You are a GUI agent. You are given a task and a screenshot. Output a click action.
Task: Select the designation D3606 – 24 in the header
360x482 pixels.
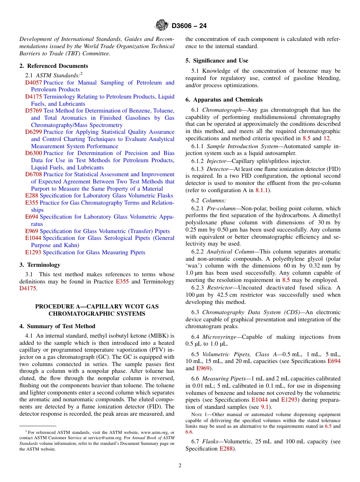click(189, 26)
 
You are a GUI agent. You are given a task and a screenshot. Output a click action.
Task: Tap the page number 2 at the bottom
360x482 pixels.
click(180, 466)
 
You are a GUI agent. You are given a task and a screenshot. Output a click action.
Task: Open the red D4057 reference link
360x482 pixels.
click(33, 83)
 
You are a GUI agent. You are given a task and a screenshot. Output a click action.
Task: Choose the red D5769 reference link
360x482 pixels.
click(33, 111)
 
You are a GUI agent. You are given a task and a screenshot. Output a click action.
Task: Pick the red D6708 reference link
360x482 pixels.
click(33, 175)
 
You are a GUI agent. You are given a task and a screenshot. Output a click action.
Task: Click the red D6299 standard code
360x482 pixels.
click(33, 132)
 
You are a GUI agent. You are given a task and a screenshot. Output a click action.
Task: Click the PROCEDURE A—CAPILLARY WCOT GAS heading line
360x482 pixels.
click(97, 307)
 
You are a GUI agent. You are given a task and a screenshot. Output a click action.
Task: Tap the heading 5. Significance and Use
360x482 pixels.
click(217, 61)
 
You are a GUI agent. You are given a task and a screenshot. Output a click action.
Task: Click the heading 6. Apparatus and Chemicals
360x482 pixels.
click(224, 100)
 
